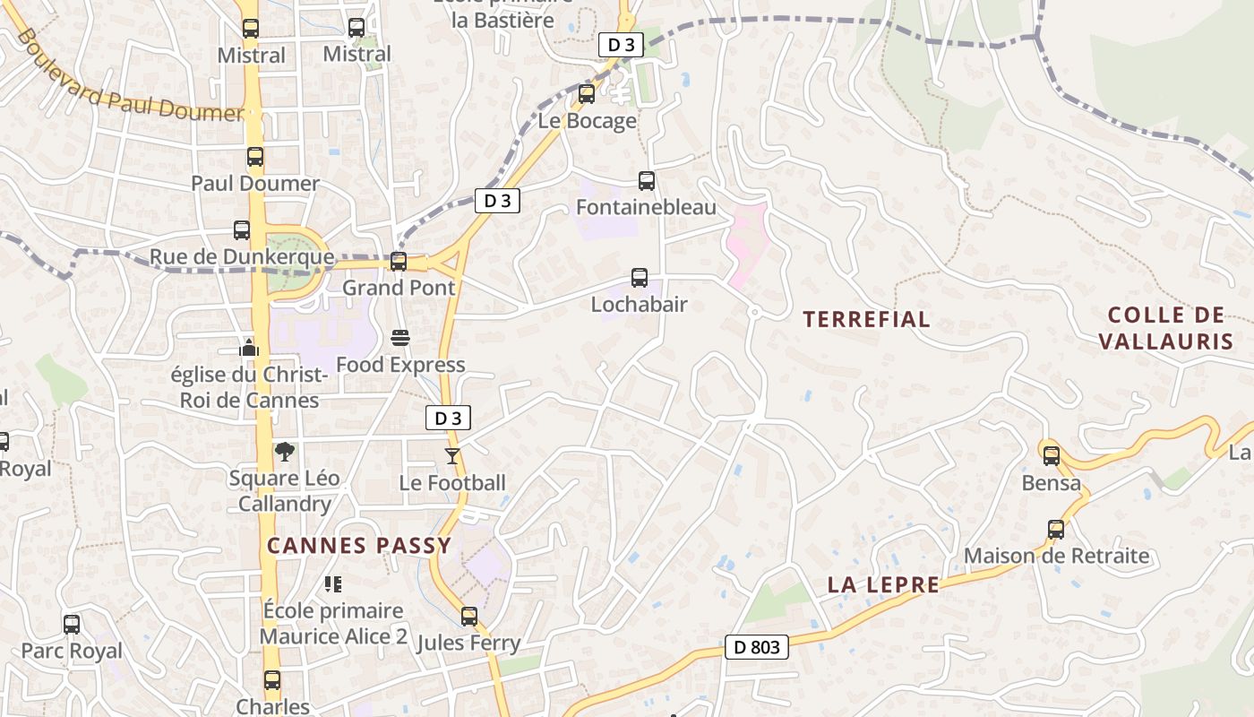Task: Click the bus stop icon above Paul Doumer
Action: click(255, 158)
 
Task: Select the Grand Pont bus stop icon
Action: click(399, 262)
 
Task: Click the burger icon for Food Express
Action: click(399, 338)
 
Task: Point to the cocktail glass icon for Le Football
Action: click(452, 456)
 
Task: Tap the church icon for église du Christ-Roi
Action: click(249, 348)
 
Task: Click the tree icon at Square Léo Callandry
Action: click(285, 451)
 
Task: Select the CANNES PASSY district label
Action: click(359, 546)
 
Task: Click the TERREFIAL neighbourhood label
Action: click(866, 319)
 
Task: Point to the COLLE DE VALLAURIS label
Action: click(1165, 328)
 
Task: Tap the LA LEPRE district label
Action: click(883, 585)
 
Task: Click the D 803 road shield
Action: click(757, 647)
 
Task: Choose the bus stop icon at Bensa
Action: click(1051, 455)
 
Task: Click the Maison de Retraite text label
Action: click(1056, 556)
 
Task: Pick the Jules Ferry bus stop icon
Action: click(469, 617)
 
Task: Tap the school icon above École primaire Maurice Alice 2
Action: click(333, 584)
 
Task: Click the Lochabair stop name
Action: click(639, 305)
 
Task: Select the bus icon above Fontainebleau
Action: click(646, 181)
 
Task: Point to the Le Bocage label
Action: click(588, 121)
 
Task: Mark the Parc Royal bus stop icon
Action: click(72, 624)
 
